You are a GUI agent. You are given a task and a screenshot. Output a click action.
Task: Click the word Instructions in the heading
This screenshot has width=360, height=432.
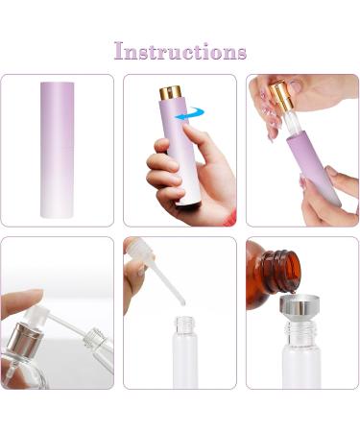click(x=180, y=51)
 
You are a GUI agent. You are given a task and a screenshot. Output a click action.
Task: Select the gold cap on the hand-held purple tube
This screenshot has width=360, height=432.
click(x=170, y=95)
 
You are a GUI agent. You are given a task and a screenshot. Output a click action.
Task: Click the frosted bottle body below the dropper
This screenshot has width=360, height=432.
click(x=179, y=370)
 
